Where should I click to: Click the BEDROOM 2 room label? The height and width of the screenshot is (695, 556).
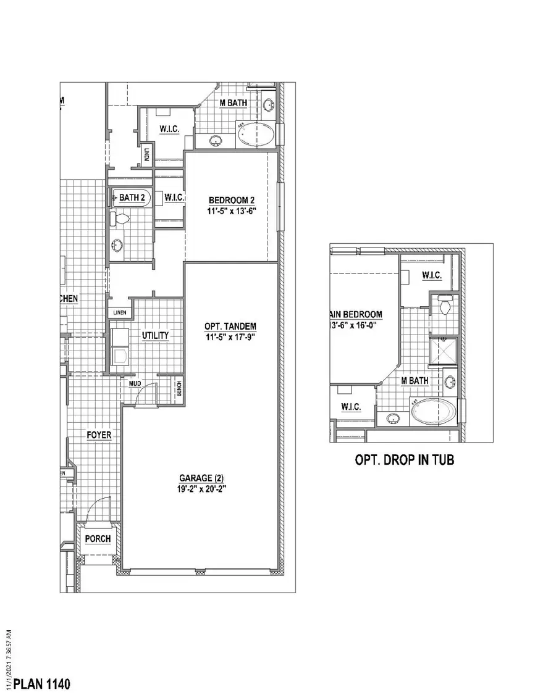point(232,200)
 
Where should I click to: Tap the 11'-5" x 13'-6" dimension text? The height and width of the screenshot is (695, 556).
point(232,210)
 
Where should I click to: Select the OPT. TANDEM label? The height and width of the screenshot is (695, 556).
point(230,326)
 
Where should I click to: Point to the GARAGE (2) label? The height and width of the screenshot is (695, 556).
point(201,478)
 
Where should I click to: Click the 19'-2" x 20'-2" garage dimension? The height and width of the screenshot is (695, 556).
point(201,488)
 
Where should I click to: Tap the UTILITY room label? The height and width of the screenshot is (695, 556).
point(155,335)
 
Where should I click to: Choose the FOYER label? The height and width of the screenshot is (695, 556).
point(99,435)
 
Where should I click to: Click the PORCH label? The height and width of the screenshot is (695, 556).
point(98,539)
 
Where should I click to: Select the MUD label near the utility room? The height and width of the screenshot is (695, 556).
point(135,383)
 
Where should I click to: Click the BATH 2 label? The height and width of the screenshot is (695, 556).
point(132,198)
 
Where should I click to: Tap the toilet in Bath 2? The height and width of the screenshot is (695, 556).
point(119,218)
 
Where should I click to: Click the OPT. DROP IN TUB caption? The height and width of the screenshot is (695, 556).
point(404,460)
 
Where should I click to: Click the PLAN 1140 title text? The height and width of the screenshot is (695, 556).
point(42,684)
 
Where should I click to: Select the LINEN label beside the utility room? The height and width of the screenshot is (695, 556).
point(119,312)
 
